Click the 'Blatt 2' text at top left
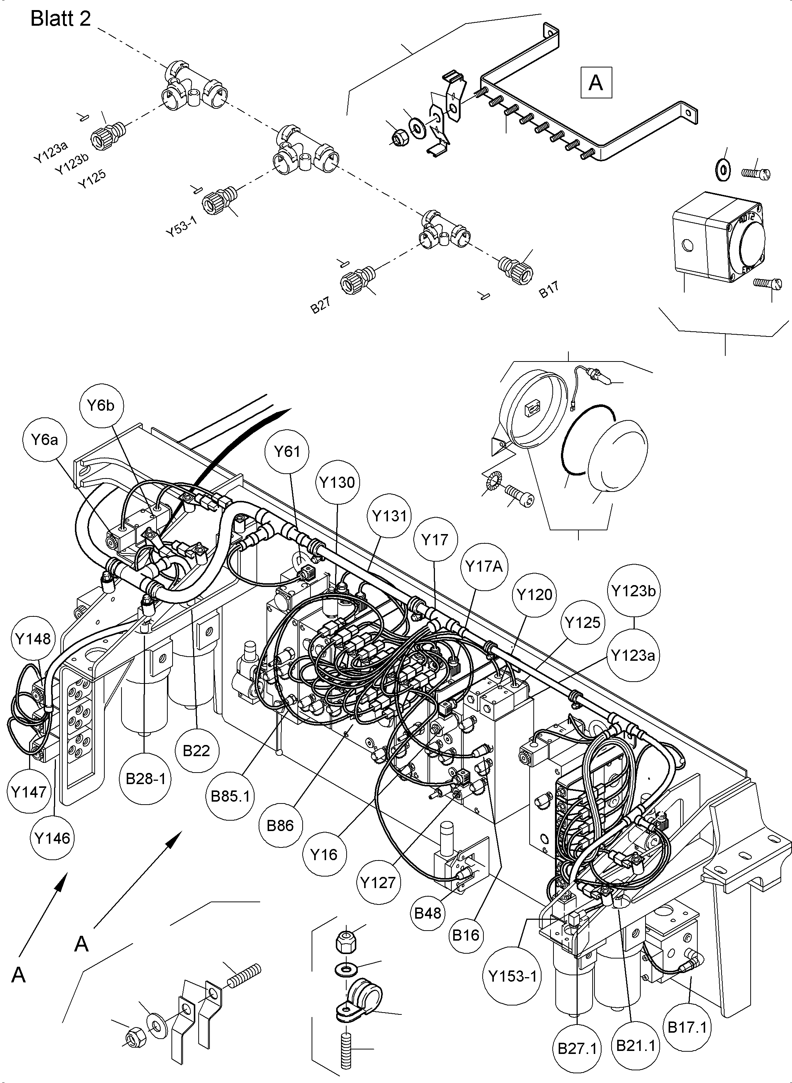coord(60,19)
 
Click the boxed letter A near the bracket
coord(596,83)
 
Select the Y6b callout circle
coord(101,405)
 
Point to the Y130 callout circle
coord(338,482)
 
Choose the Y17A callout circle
coord(484,566)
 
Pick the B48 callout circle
coord(427,913)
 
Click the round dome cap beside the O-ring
coord(618,455)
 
